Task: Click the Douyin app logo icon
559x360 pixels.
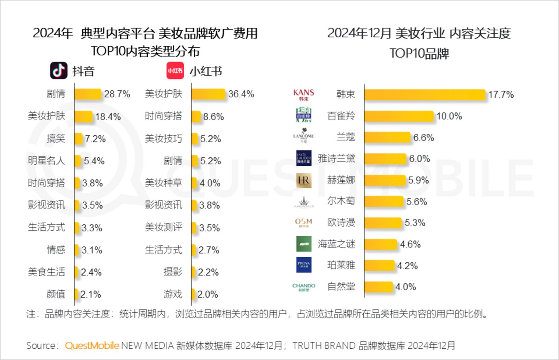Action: [x=59, y=71]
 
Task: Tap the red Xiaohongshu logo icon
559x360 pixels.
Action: [x=175, y=71]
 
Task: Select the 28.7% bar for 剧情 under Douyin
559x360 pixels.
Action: [x=88, y=94]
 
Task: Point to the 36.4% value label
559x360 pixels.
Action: [x=241, y=94]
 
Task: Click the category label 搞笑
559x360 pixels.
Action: [x=56, y=139]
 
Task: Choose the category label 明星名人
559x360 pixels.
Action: [x=46, y=161]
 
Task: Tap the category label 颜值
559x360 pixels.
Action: [x=56, y=294]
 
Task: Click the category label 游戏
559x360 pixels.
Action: [x=173, y=294]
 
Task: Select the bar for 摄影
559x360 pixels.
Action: [x=194, y=272]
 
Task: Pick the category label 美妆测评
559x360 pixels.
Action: [x=163, y=228]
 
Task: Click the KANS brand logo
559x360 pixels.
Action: [x=304, y=95]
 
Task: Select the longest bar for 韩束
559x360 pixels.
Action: [x=425, y=95]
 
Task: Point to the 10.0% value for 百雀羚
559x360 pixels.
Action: [x=449, y=116]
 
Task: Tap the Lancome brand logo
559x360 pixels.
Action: [x=304, y=136]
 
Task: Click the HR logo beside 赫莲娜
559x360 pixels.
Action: [x=304, y=181]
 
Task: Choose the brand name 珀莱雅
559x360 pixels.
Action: [x=341, y=265]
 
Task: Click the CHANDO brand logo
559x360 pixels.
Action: [x=304, y=287]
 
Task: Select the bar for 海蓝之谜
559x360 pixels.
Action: [x=380, y=244]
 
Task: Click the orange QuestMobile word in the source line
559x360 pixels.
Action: [x=92, y=346]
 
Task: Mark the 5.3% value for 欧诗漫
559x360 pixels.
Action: [x=415, y=223]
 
